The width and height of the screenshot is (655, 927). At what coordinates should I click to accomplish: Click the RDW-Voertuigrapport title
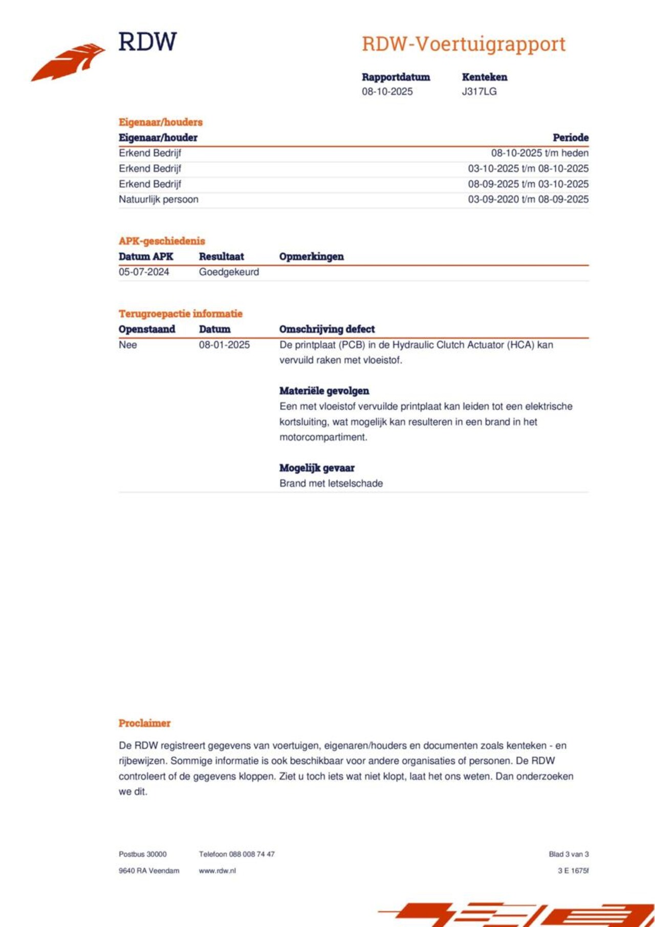pyautogui.click(x=464, y=44)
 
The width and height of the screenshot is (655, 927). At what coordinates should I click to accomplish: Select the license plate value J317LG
pyautogui.click(x=479, y=92)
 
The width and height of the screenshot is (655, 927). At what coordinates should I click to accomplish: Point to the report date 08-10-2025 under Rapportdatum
pyautogui.click(x=387, y=92)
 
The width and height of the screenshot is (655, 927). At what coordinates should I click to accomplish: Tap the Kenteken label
pyautogui.click(x=484, y=77)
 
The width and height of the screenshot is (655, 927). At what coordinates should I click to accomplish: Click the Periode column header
pyautogui.click(x=570, y=138)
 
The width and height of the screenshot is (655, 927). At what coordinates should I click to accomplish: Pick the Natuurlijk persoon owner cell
pyautogui.click(x=158, y=200)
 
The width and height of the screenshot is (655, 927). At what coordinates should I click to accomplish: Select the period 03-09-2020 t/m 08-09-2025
pyautogui.click(x=528, y=200)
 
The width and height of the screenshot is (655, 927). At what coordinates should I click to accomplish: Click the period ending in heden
pyautogui.click(x=539, y=153)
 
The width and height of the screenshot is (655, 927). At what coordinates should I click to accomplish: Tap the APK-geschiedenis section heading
pyautogui.click(x=162, y=241)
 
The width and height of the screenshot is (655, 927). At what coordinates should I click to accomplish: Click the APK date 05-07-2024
pyautogui.click(x=144, y=272)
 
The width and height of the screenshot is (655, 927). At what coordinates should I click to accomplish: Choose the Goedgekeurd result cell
pyautogui.click(x=229, y=272)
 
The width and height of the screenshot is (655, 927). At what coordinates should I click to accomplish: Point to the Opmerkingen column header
pyautogui.click(x=311, y=257)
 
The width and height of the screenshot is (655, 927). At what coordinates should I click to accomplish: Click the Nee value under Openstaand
pyautogui.click(x=127, y=345)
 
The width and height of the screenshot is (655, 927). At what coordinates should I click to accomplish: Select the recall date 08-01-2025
pyautogui.click(x=224, y=345)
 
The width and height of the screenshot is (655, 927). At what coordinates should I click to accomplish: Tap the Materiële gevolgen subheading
pyautogui.click(x=324, y=391)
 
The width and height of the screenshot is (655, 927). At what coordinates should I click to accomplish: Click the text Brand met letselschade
pyautogui.click(x=331, y=483)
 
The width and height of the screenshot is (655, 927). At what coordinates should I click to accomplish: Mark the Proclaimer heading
pyautogui.click(x=144, y=723)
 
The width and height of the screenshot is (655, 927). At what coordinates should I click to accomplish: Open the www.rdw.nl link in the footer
pyautogui.click(x=217, y=871)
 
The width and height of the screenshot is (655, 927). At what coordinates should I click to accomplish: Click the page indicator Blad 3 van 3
pyautogui.click(x=569, y=854)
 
